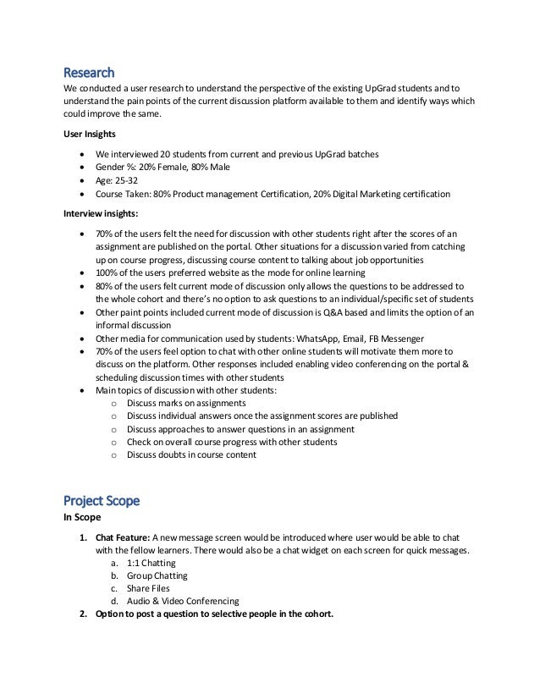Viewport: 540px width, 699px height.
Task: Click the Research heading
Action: (x=90, y=71)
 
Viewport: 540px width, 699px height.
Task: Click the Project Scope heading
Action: (x=102, y=500)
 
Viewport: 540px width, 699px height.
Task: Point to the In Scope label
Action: (x=83, y=517)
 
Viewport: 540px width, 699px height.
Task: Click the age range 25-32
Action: (x=132, y=179)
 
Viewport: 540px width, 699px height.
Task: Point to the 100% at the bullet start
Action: (x=107, y=273)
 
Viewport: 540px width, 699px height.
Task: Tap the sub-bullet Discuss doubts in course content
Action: (x=191, y=455)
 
